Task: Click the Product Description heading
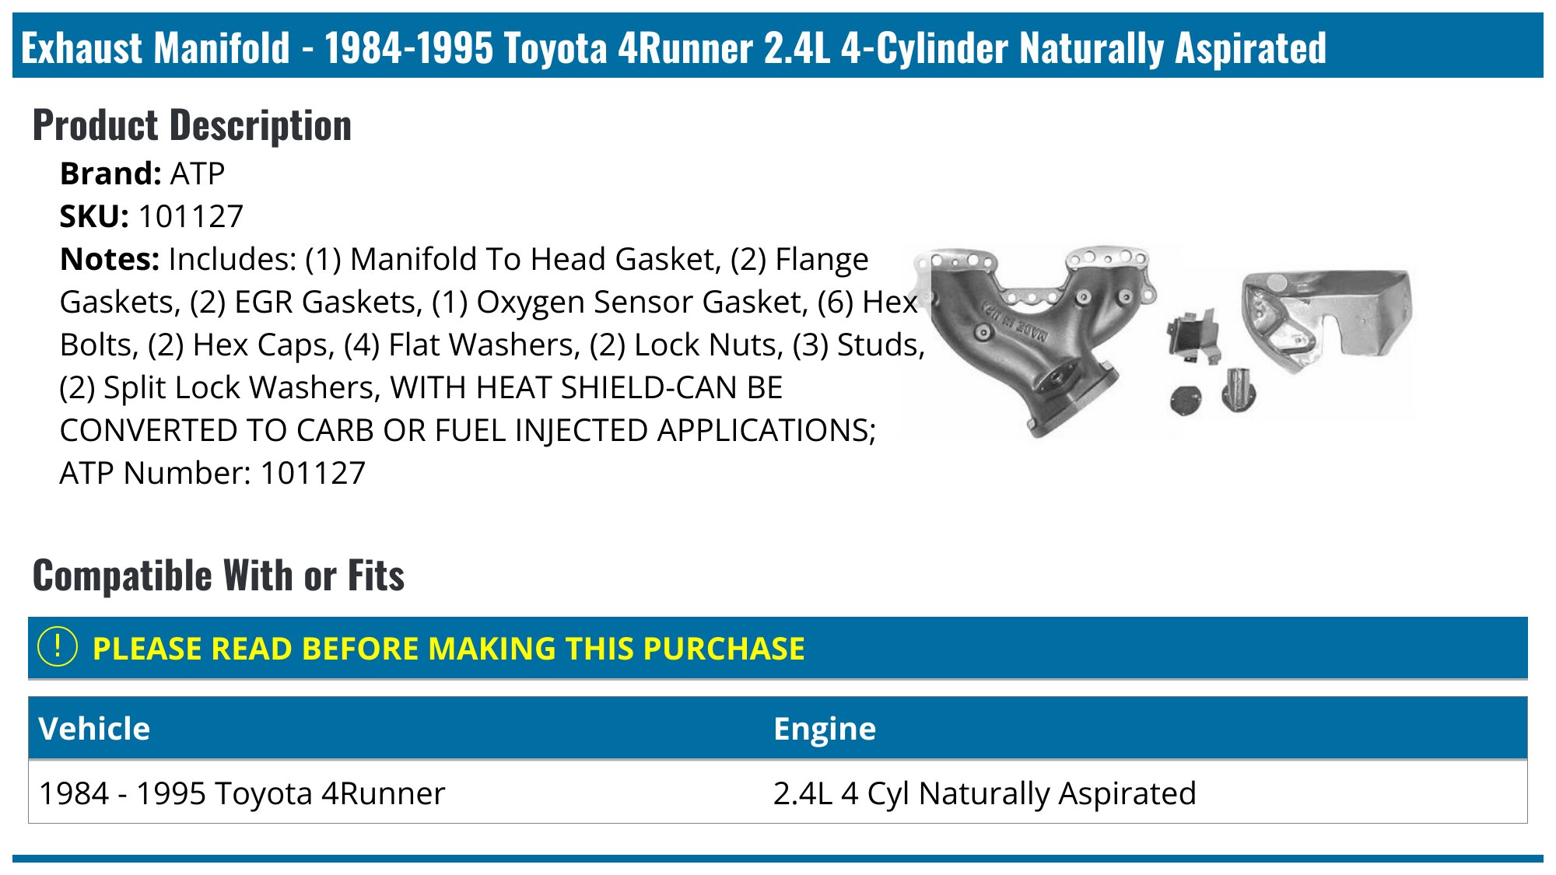click(191, 125)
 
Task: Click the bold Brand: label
click(110, 173)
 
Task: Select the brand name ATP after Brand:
click(198, 173)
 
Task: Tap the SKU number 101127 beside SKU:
click(191, 216)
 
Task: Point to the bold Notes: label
click(109, 259)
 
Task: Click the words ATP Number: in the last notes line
click(155, 473)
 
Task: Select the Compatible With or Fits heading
click(218, 576)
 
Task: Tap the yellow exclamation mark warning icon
click(58, 647)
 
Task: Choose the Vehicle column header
click(94, 729)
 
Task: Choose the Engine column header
click(824, 729)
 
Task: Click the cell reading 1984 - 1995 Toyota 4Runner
click(242, 793)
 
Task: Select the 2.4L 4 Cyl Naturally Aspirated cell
click(984, 793)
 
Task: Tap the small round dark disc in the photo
click(1186, 400)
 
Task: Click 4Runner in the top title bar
click(685, 47)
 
